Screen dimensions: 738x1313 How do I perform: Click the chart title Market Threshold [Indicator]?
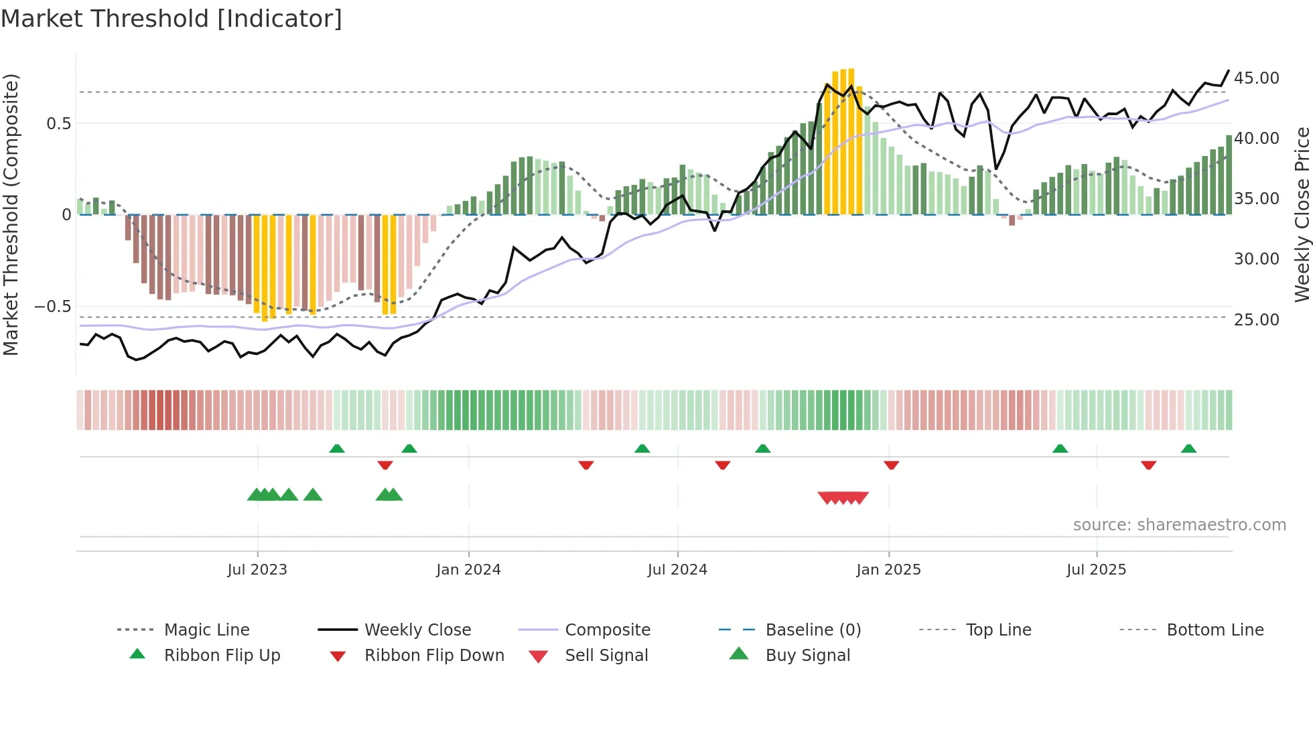[x=171, y=19]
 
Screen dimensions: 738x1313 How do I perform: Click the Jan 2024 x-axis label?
[x=468, y=569]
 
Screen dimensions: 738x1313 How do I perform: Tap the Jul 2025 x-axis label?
[x=1096, y=569]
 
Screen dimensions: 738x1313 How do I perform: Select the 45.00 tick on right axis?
[x=1256, y=78]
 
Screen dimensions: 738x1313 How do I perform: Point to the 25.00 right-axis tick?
[x=1256, y=319]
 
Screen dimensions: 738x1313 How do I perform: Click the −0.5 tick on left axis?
[x=53, y=306]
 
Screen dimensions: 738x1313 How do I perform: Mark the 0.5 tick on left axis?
[x=58, y=123]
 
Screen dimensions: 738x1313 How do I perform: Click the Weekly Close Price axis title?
[x=1302, y=214]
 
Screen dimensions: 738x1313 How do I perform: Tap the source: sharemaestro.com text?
[x=1179, y=524]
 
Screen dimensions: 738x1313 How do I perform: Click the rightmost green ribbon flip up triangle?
[x=1188, y=449]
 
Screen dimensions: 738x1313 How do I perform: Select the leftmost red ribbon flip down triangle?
[x=385, y=465]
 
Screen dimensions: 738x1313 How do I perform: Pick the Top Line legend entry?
[x=998, y=630]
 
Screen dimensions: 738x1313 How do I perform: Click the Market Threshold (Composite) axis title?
[x=11, y=214]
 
